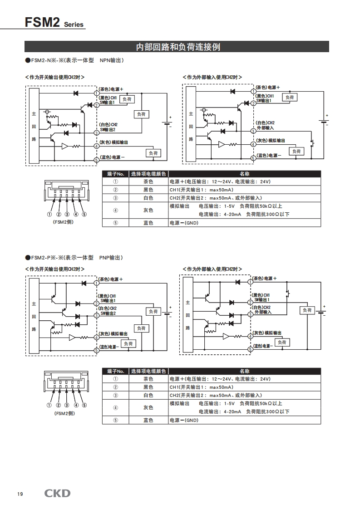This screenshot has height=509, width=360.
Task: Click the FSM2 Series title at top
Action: [x=54, y=22]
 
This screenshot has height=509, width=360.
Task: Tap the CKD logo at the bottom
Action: [x=57, y=493]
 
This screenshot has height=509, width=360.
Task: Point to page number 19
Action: [x=20, y=494]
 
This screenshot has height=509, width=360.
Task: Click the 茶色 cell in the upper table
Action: [x=148, y=181]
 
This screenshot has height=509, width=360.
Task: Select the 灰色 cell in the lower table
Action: [x=148, y=407]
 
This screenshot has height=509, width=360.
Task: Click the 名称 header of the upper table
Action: [x=244, y=174]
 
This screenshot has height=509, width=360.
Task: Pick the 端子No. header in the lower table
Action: [x=115, y=371]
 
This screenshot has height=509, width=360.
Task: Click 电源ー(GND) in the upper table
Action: [x=184, y=223]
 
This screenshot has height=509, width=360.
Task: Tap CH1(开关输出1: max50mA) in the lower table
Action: [x=201, y=387]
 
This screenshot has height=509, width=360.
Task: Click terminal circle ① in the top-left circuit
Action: [x=96, y=93]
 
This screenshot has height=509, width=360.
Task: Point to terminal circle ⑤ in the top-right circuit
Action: [x=253, y=158]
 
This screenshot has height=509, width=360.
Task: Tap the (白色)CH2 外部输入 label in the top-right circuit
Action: [x=265, y=125]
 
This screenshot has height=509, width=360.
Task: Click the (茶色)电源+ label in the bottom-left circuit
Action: [x=111, y=279]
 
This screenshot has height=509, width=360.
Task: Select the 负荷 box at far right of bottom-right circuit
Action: [x=307, y=310]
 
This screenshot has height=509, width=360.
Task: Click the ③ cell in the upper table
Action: [x=115, y=198]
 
